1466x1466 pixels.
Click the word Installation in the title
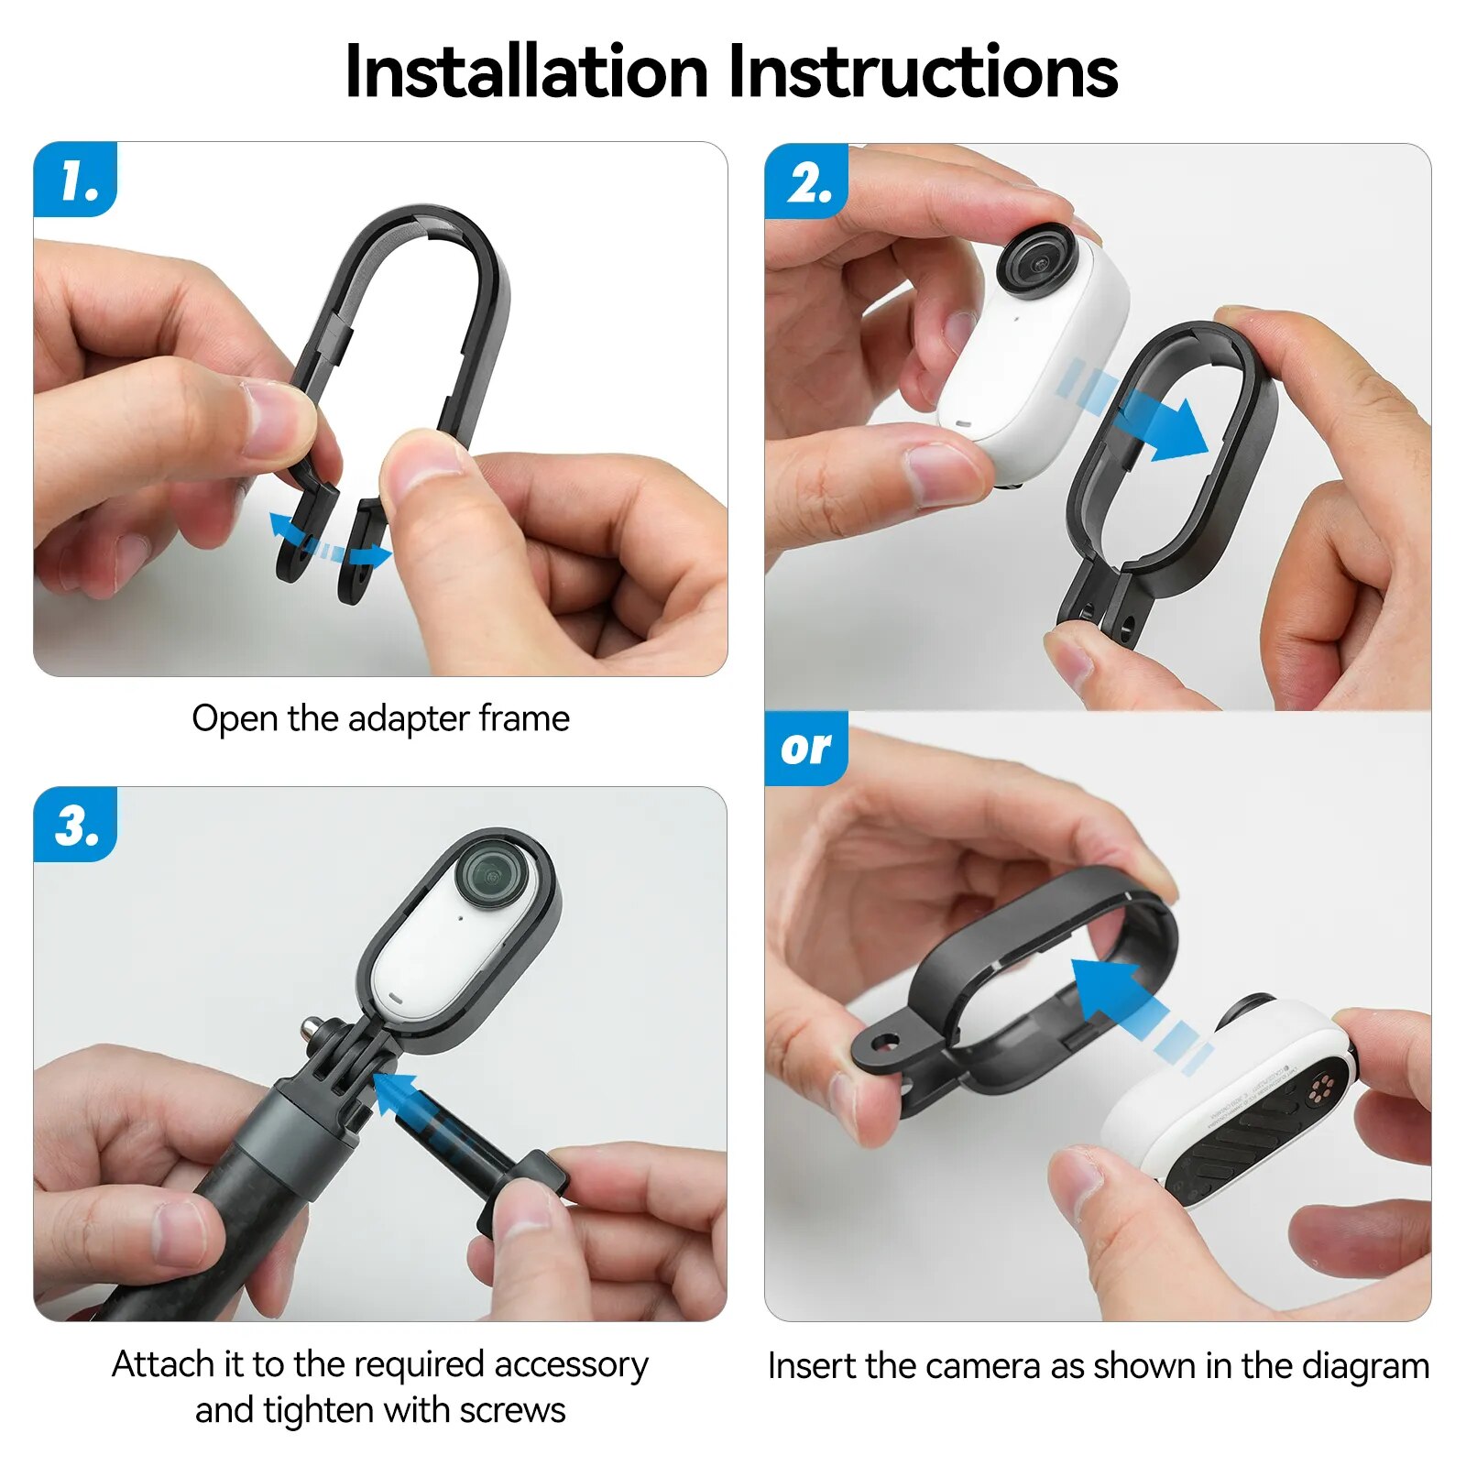(526, 72)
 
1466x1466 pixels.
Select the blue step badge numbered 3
(76, 825)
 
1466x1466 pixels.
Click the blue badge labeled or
(805, 749)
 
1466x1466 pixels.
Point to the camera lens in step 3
(495, 873)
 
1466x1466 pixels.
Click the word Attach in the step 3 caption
(162, 1364)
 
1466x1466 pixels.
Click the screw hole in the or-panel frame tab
(884, 1042)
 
